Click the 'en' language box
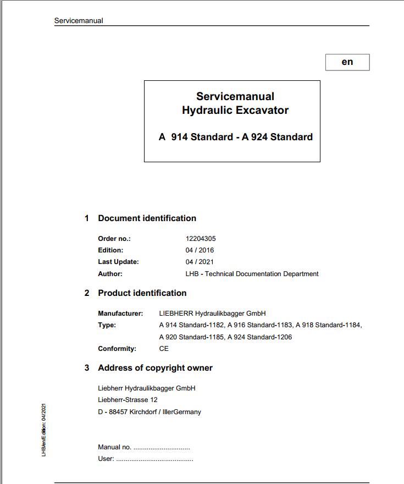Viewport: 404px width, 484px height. coord(347,62)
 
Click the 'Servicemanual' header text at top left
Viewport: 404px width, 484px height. coord(79,21)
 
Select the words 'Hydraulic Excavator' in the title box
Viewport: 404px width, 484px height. coord(235,110)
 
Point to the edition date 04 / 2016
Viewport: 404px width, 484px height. coord(200,250)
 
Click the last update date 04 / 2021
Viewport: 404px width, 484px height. coord(200,262)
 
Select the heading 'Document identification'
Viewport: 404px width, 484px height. coord(147,218)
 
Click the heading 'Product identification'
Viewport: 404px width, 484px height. coord(142,293)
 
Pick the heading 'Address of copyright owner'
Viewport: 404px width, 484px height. coord(155,368)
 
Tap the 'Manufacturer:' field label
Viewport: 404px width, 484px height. coord(120,313)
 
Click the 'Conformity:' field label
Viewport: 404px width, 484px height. coord(117,349)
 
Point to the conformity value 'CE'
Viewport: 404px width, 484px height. coord(164,349)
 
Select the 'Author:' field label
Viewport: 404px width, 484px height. coord(110,274)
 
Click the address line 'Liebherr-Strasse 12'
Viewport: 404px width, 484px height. coord(128,400)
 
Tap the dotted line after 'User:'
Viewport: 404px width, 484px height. coord(154,459)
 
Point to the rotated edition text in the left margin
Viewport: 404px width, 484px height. coord(44,430)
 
